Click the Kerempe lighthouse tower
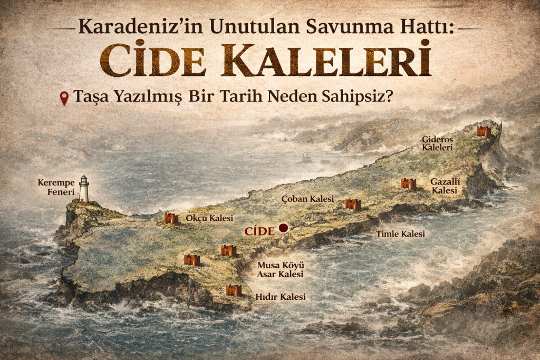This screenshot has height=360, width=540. click(84, 189)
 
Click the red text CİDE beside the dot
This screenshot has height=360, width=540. click(259, 230)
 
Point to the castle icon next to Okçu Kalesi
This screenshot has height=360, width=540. click(171, 218)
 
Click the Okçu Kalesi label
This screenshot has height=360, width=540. click(209, 218)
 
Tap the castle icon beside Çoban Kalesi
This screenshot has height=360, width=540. click(353, 204)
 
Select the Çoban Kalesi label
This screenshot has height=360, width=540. click(308, 199)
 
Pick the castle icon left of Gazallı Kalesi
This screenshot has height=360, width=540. click(408, 183)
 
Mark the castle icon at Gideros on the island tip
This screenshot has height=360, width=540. click(484, 131)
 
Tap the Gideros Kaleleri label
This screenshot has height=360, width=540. click(437, 143)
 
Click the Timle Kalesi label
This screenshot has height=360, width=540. click(400, 233)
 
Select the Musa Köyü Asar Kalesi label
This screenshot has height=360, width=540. click(280, 269)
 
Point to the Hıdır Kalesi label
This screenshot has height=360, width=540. click(280, 297)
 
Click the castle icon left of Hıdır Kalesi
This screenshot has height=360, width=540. click(234, 290)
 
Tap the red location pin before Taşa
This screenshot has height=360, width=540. click(64, 98)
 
